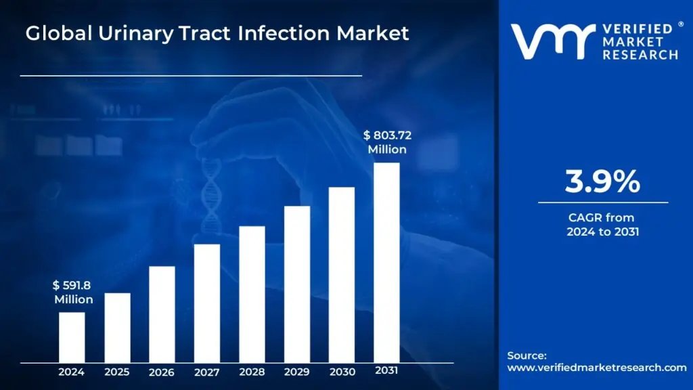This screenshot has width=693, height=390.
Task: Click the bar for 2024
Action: pyautogui.click(x=72, y=337)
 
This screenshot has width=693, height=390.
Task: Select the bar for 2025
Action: pyautogui.click(x=117, y=327)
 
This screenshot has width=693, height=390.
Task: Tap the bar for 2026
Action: pyautogui.click(x=162, y=314)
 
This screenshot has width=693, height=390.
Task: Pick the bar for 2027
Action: pyautogui.click(x=206, y=303)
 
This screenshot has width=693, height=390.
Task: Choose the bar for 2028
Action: pyautogui.click(x=252, y=294)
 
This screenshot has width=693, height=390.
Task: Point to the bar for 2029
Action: pyautogui.click(x=297, y=284)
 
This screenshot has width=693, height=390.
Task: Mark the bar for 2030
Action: pyautogui.click(x=342, y=274)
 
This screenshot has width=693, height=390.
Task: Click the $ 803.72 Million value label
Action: pyautogui.click(x=387, y=142)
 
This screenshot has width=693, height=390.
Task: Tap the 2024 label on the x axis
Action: pyautogui.click(x=72, y=372)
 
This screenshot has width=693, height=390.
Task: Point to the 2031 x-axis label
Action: pyautogui.click(x=386, y=371)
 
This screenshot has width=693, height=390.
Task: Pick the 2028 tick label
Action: pyautogui.click(x=252, y=372)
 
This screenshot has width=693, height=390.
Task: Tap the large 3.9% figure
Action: pyautogui.click(x=602, y=181)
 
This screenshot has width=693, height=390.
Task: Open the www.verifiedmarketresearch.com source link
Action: pyautogui.click(x=596, y=367)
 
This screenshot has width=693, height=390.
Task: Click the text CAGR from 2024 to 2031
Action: pyautogui.click(x=602, y=225)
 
